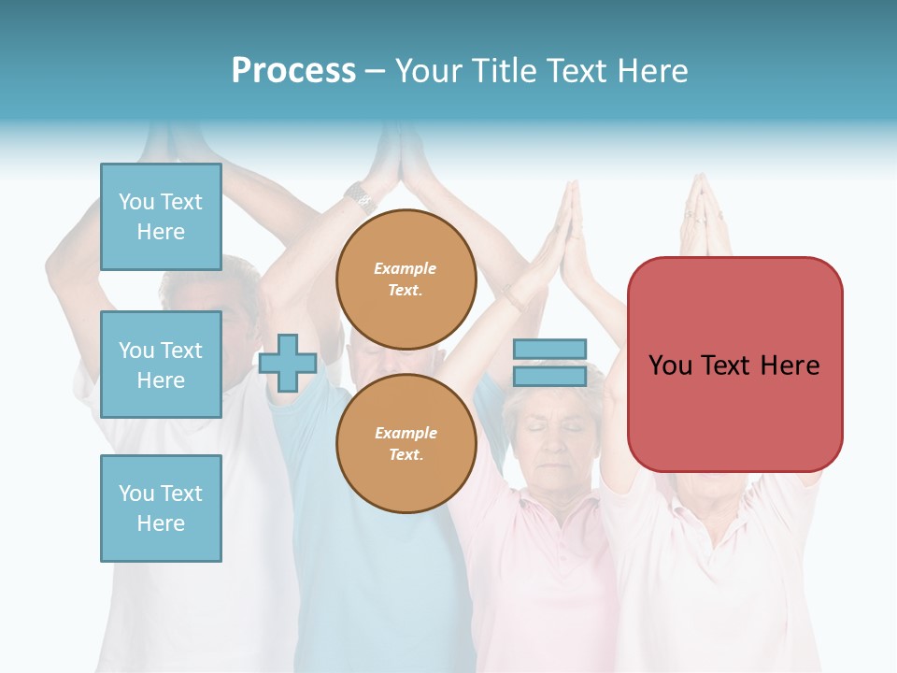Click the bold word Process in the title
293,70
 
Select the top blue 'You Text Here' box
161,217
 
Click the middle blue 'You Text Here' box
161,365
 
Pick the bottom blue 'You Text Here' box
161,508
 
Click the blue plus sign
288,363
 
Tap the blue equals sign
550,363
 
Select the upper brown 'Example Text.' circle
406,279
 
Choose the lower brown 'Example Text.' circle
406,444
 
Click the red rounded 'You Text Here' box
734,365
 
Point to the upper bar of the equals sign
550,350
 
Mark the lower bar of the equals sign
550,376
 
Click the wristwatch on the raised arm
359,196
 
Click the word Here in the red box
790,365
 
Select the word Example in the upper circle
406,268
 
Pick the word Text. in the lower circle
406,455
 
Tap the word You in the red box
671,365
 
